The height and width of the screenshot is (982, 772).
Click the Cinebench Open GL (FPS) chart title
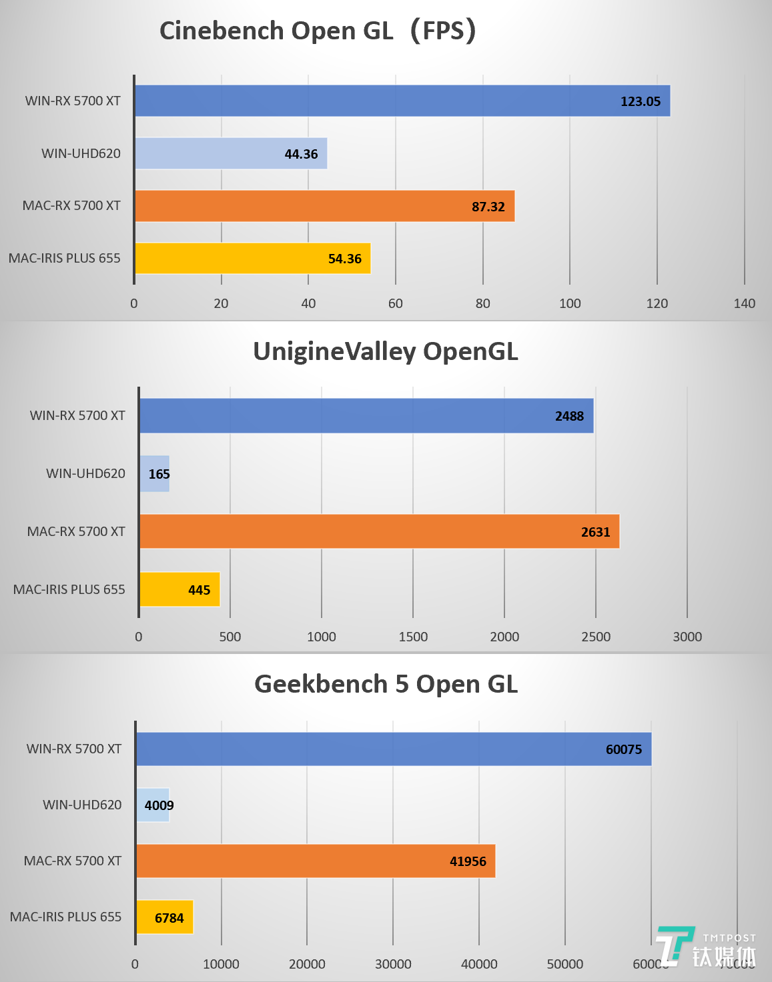pyautogui.click(x=318, y=31)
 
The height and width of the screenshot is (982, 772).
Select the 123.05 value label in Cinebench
pyautogui.click(x=640, y=101)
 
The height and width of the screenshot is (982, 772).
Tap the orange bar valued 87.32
pyautogui.click(x=324, y=206)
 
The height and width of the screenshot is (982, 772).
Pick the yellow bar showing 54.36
pyautogui.click(x=252, y=259)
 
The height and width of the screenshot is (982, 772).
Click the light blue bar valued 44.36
pyautogui.click(x=231, y=153)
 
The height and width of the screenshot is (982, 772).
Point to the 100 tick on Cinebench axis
pyautogui.click(x=570, y=303)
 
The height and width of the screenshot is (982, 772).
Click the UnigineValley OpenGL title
pyautogui.click(x=385, y=351)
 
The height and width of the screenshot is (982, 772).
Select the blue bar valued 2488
pyautogui.click(x=366, y=416)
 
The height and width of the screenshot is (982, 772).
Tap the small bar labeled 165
pyautogui.click(x=154, y=474)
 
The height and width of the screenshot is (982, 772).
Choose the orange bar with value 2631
pyautogui.click(x=379, y=531)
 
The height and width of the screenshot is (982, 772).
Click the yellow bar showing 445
pyautogui.click(x=179, y=589)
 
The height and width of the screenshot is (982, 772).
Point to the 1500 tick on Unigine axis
pyautogui.click(x=413, y=637)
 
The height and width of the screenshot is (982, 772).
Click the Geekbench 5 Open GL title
pyautogui.click(x=386, y=684)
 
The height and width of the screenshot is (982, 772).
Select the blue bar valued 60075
pyautogui.click(x=394, y=749)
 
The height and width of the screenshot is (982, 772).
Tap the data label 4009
pyautogui.click(x=159, y=805)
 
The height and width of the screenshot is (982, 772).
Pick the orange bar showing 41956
pyautogui.click(x=316, y=861)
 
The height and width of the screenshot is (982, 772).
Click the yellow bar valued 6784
pyautogui.click(x=164, y=917)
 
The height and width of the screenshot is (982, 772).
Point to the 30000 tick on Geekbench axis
pyautogui.click(x=393, y=964)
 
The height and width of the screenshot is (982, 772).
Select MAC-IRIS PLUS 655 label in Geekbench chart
pyautogui.click(x=65, y=917)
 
